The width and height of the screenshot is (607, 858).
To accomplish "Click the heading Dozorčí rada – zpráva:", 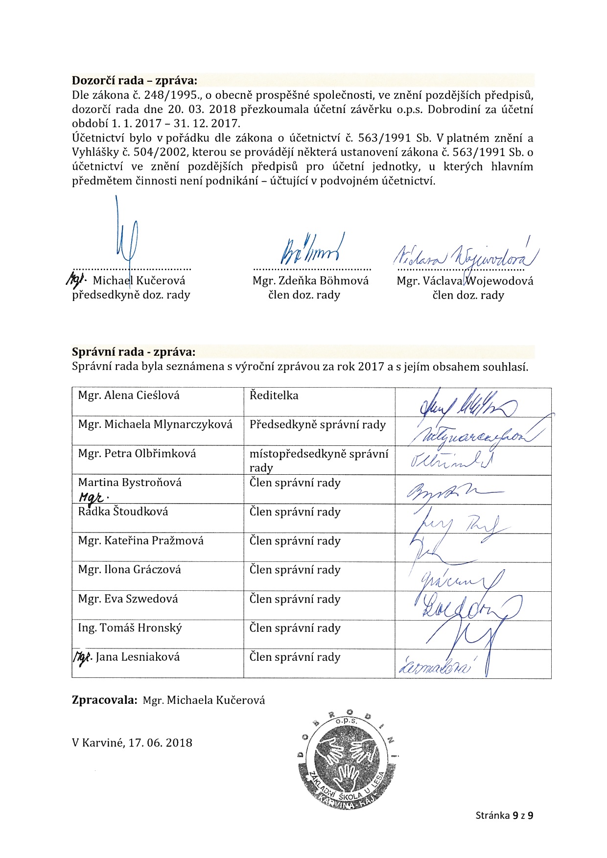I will tap(135, 81).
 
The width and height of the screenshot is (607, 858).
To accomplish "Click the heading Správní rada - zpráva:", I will tap(133, 352).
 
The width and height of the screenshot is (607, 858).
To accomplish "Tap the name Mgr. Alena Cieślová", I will tap(129, 395).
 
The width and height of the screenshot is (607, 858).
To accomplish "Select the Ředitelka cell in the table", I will tap(274, 395).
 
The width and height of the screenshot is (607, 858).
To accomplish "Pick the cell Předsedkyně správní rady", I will tap(317, 425).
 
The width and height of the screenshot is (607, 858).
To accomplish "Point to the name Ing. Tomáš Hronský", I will tap(130, 628).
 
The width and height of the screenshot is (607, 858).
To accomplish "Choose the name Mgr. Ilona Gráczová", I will tap(129, 570).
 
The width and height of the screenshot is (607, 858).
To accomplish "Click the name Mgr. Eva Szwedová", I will tap(128, 599).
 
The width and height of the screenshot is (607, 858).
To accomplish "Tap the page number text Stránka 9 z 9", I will tap(504, 815).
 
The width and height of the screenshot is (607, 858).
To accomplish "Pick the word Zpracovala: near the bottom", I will tap(104, 700).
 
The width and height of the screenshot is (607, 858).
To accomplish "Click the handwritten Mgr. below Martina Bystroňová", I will tap(93, 497).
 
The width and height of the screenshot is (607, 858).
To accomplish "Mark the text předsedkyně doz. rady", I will tap(131, 295).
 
